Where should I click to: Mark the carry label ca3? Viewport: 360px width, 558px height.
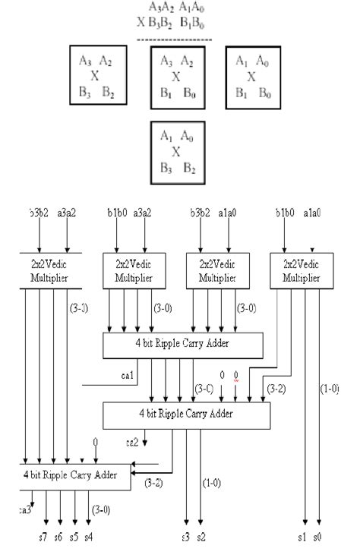click(26, 511)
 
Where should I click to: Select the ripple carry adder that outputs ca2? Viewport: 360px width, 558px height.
click(186, 415)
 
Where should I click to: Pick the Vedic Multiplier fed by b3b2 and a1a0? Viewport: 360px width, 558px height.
click(218, 273)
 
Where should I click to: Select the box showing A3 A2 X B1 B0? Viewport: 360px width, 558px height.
click(178, 77)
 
